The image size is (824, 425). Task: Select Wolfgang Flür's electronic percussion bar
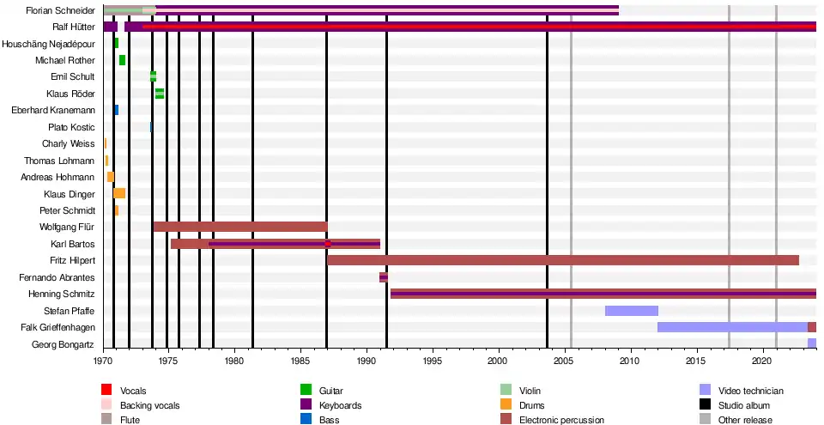(239, 227)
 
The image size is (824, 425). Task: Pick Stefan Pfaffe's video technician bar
(631, 311)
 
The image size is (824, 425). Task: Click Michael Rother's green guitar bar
(122, 60)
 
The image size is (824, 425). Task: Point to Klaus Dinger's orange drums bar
(119, 193)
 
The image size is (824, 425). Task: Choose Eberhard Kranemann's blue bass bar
(116, 110)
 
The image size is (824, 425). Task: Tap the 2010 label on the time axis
(631, 361)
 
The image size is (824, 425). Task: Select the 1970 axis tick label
(104, 361)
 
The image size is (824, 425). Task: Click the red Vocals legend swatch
(106, 391)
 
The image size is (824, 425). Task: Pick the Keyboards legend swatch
(304, 405)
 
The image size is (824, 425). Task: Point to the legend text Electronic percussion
(561, 420)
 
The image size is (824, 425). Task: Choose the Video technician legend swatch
(705, 391)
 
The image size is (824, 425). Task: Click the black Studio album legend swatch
(705, 405)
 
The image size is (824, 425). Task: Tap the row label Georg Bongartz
(64, 344)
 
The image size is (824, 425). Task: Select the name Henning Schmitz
(60, 294)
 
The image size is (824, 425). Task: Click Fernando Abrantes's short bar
(384, 277)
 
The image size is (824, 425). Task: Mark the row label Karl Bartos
(73, 244)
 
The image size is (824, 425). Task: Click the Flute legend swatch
(106, 420)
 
